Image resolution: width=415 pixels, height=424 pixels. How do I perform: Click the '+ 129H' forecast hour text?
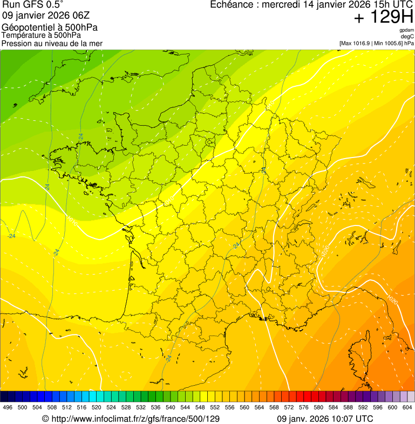click(x=383, y=17)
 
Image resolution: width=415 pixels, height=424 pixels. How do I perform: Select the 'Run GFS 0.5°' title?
click(x=33, y=5)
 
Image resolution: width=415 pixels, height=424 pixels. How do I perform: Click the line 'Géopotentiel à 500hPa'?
click(x=50, y=28)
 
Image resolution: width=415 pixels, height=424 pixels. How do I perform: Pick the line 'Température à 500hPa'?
click(x=41, y=35)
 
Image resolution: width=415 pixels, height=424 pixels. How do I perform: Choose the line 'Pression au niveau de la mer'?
click(x=52, y=43)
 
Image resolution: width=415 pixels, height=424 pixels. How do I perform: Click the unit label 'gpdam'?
click(x=407, y=30)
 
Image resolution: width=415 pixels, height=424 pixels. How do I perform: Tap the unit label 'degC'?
click(x=408, y=36)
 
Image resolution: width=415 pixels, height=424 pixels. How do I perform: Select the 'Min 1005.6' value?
click(x=389, y=43)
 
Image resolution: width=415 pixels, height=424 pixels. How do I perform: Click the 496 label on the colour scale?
click(x=8, y=407)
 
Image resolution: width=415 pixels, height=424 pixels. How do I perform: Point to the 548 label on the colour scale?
click(x=200, y=407)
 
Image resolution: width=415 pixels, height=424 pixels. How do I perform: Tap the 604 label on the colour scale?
click(x=407, y=407)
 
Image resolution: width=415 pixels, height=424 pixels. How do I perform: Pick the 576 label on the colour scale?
click(x=304, y=407)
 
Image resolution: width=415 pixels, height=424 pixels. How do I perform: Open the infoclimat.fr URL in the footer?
click(x=135, y=419)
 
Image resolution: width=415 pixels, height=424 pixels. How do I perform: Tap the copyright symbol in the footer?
click(x=45, y=419)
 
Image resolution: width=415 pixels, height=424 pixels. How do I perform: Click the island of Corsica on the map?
click(x=359, y=353)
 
